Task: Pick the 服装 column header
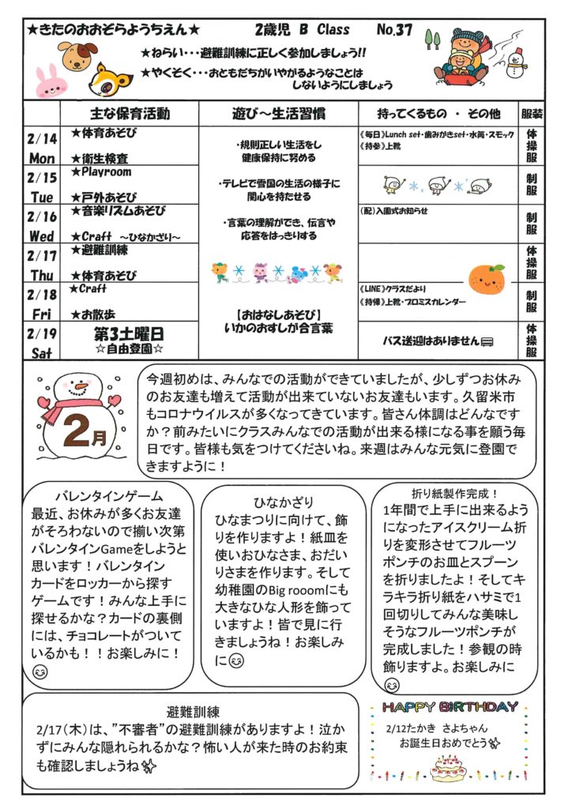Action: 532,113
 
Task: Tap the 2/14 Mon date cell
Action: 42,148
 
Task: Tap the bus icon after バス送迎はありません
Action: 487,341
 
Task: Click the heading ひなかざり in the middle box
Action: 283,502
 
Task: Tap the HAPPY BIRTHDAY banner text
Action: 450,706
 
